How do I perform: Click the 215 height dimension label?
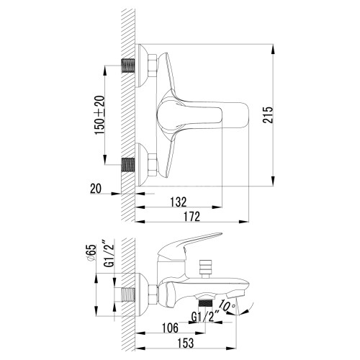pos(268,115)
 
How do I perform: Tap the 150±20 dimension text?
pos(100,115)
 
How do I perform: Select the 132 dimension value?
pos(179,202)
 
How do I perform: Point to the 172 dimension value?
pos(192,216)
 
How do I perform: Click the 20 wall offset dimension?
pos(96,189)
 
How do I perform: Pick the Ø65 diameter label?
pos(91,253)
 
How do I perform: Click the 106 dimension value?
pos(170,328)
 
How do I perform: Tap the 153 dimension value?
pos(185,343)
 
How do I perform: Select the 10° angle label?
pos(226,305)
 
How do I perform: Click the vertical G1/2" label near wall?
pos(109,253)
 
